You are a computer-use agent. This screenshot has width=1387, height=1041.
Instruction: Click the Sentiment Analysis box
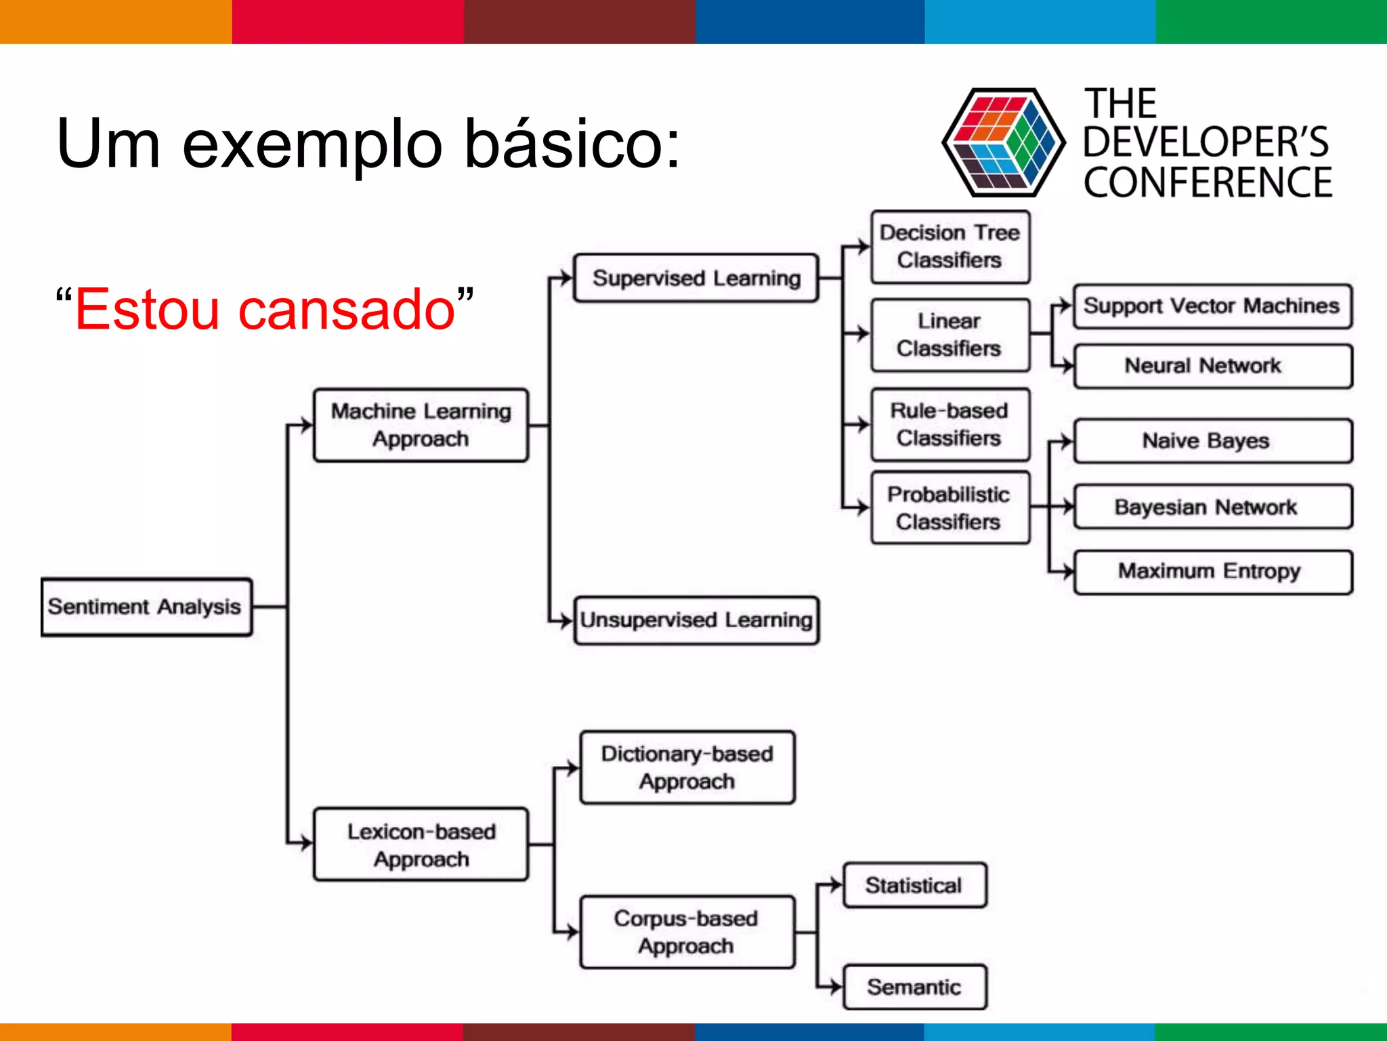[146, 607]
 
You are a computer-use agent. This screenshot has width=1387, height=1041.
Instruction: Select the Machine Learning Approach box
[421, 425]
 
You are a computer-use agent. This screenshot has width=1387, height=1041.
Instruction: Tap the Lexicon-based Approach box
[421, 844]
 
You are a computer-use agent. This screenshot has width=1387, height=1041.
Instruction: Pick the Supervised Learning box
[696, 278]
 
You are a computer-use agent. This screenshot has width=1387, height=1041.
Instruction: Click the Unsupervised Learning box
[696, 620]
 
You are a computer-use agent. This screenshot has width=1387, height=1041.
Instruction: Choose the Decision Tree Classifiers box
[949, 247]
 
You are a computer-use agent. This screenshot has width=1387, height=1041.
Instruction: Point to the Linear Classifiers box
[949, 335]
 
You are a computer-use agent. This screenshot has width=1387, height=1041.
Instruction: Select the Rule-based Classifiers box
[949, 424]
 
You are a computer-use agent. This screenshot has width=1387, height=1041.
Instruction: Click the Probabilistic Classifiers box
[949, 508]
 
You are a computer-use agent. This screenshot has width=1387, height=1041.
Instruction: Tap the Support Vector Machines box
[1212, 306]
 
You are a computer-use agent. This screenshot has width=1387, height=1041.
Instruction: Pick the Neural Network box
[1212, 366]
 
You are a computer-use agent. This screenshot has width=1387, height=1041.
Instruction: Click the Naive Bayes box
[1212, 441]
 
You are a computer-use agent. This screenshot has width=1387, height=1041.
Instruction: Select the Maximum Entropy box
[1212, 572]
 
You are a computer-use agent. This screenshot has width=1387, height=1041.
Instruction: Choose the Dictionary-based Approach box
[687, 767]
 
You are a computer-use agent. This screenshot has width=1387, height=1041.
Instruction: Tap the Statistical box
[914, 885]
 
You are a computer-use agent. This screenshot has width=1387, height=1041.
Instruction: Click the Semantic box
[914, 987]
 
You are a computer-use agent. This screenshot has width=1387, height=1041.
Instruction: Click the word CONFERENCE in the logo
[1208, 183]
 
